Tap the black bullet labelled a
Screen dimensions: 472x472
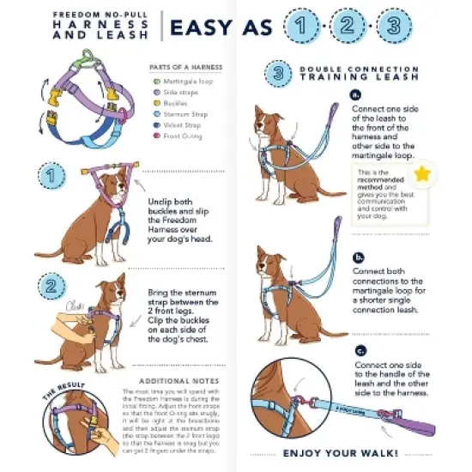357,96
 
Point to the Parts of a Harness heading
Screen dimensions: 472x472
186,66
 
